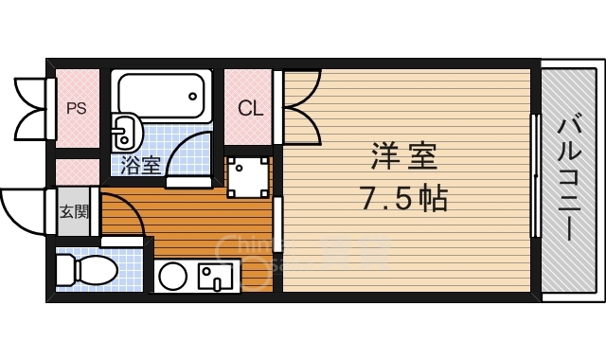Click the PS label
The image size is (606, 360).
76,107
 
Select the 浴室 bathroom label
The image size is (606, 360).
140,165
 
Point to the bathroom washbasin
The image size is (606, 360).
125,132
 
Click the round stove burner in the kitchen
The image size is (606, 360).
172,278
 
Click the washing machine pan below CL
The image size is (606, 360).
249,176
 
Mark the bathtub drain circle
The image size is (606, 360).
194,95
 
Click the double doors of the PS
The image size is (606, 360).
31,107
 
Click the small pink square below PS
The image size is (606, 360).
76,171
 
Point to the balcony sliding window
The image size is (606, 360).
536,178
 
